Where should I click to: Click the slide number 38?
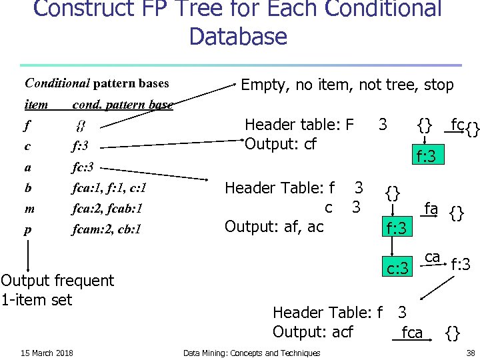pyautogui.click(x=470, y=353)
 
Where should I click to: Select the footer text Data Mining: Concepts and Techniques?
pyautogui.click(x=251, y=353)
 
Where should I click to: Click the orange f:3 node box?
pyautogui.click(x=426, y=157)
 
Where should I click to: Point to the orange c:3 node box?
pyautogui.click(x=399, y=269)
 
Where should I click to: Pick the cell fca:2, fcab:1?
pyautogui.click(x=108, y=209)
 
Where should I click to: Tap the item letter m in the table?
pyautogui.click(x=29, y=209)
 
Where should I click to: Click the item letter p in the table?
pyautogui.click(x=28, y=229)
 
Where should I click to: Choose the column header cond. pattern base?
pyautogui.click(x=122, y=105)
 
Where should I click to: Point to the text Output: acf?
pyautogui.click(x=313, y=332)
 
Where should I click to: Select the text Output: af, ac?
pyautogui.click(x=274, y=227)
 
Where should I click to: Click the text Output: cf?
pyautogui.click(x=281, y=144)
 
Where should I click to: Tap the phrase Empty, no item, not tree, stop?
pyautogui.click(x=347, y=85)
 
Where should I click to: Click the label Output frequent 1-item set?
pyautogui.click(x=57, y=290)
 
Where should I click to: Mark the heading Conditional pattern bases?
pyautogui.click(x=97, y=83)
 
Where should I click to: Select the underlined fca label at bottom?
pyautogui.click(x=412, y=332)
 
